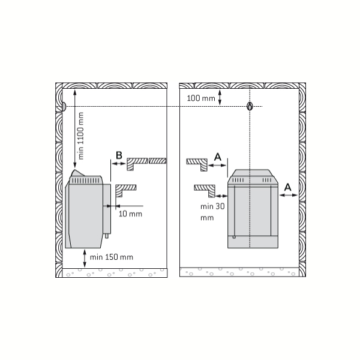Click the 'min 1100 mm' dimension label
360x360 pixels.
81,136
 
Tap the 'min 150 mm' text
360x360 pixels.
112,257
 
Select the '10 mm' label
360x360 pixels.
130,214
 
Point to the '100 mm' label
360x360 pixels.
201,98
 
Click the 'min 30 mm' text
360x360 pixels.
212,212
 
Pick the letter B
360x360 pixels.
119,155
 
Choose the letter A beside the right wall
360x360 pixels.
287,188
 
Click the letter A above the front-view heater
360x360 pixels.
218,157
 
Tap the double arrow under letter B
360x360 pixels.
118,163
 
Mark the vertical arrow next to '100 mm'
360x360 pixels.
220,98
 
